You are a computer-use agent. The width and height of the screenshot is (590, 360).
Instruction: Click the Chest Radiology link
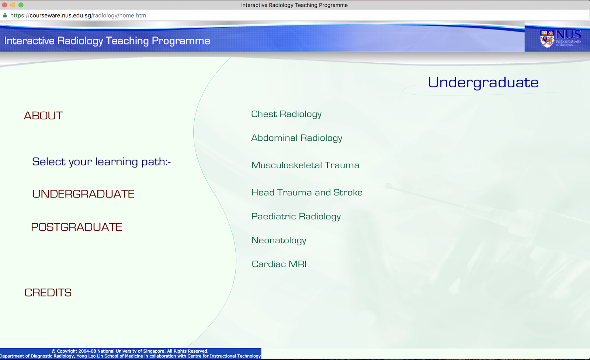286,114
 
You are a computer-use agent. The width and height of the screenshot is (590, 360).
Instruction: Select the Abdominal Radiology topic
296,138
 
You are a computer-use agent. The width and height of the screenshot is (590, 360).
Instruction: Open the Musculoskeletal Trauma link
305,165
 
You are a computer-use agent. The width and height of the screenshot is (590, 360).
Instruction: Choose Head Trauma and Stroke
306,192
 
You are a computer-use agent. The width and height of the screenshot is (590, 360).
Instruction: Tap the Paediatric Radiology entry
296,216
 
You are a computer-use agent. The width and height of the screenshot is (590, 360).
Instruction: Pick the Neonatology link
278,240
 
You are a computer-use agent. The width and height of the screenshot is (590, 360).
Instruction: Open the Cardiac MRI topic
279,264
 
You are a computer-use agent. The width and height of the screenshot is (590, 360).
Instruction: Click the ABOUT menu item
43,116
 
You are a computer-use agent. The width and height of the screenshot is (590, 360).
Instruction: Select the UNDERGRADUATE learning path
83,194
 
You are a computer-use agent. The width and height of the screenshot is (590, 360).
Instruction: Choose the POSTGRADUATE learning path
76,227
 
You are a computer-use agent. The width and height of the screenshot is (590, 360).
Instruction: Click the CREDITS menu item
48,293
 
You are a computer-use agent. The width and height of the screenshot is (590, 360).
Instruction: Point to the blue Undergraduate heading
483,82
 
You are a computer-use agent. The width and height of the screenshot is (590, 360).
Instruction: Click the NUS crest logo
547,38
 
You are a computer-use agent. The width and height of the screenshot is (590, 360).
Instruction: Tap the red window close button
4,5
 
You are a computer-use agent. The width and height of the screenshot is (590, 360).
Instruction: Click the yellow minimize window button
13,5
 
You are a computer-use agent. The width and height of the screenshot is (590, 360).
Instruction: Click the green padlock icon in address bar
5,15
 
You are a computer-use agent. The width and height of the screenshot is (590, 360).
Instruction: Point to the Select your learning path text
101,162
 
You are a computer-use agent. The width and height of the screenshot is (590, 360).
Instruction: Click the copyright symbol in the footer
53,351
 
